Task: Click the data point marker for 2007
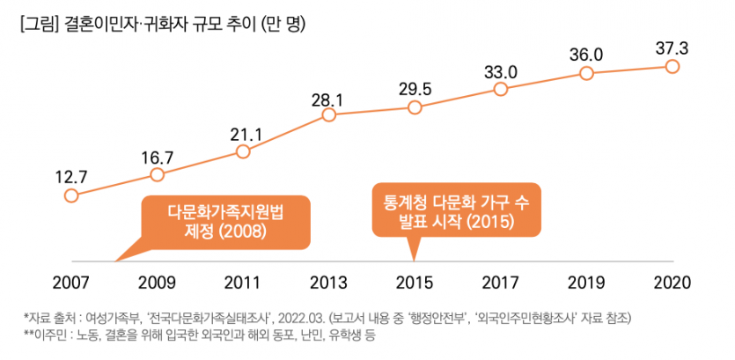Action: [71, 195]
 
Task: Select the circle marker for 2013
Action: [328, 114]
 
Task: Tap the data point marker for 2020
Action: [673, 67]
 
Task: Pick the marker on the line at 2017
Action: [500, 89]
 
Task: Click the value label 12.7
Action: [71, 176]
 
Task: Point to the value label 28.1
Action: [327, 99]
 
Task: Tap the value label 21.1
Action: [243, 135]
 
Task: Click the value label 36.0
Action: [585, 55]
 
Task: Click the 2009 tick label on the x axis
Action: [158, 283]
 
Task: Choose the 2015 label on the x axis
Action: [415, 283]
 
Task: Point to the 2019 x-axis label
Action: [587, 283]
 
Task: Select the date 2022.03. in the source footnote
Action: [303, 317]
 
